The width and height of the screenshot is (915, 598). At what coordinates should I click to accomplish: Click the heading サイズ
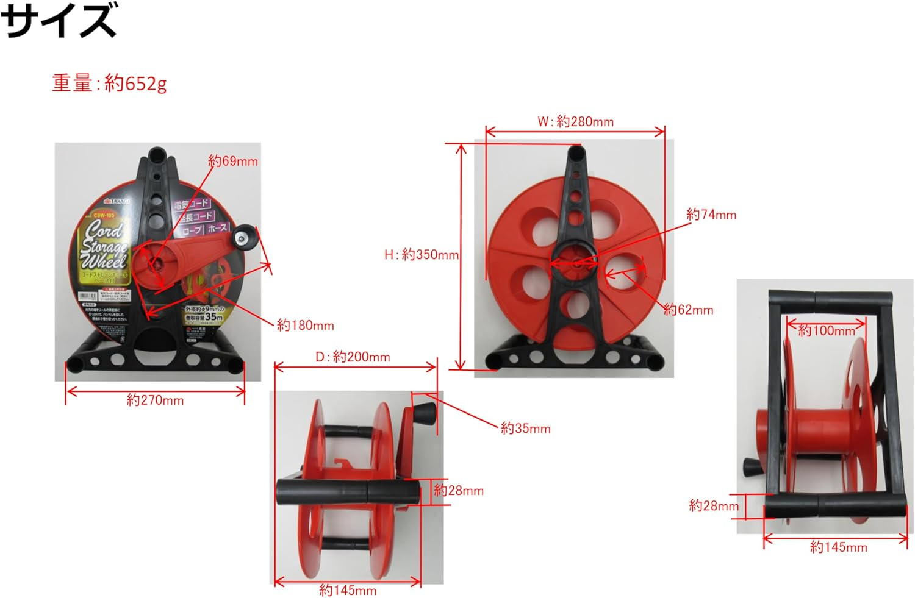coord(59,21)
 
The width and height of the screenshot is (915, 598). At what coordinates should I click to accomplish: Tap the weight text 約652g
coord(110,82)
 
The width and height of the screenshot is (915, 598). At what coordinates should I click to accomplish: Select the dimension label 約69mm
coord(232,161)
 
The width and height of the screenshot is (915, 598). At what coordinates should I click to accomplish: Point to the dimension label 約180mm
coord(305,325)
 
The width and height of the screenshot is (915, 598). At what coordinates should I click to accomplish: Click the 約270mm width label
coord(155,400)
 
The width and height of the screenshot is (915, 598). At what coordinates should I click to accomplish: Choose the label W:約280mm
coord(575,121)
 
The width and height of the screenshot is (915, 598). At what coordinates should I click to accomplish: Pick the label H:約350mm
coord(421,254)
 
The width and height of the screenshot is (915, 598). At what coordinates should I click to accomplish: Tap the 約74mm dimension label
coord(711,215)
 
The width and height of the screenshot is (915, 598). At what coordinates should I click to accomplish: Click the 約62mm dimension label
coord(688,310)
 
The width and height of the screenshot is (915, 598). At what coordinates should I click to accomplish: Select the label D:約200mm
coord(353,357)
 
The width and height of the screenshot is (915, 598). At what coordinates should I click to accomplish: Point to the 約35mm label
coord(525,429)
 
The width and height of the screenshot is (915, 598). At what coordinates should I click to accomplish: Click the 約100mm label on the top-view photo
coord(826,331)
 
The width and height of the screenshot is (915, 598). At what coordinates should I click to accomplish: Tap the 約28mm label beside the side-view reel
coord(458,491)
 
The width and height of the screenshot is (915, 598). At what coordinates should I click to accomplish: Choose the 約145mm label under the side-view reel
coord(348,590)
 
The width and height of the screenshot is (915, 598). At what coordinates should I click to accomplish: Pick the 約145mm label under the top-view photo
coord(838,547)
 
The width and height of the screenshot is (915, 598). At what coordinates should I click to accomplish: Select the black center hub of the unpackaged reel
coord(575,263)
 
